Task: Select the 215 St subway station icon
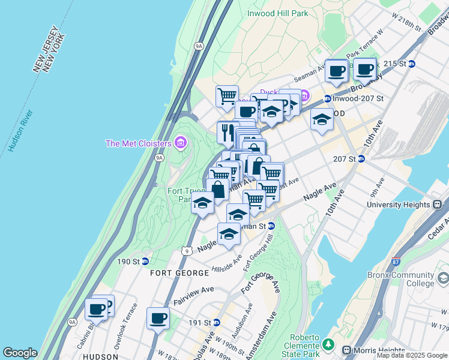[412, 64]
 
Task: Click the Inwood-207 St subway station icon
[328, 99]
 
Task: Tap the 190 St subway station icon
[145, 261]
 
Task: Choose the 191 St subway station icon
[217, 322]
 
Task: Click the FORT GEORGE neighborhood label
[180, 273]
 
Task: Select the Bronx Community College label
[400, 280]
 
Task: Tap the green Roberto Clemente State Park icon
[328, 344]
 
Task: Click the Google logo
[20, 353]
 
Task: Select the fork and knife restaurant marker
[228, 131]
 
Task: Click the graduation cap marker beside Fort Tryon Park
[203, 204]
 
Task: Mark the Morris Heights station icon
[346, 350]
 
